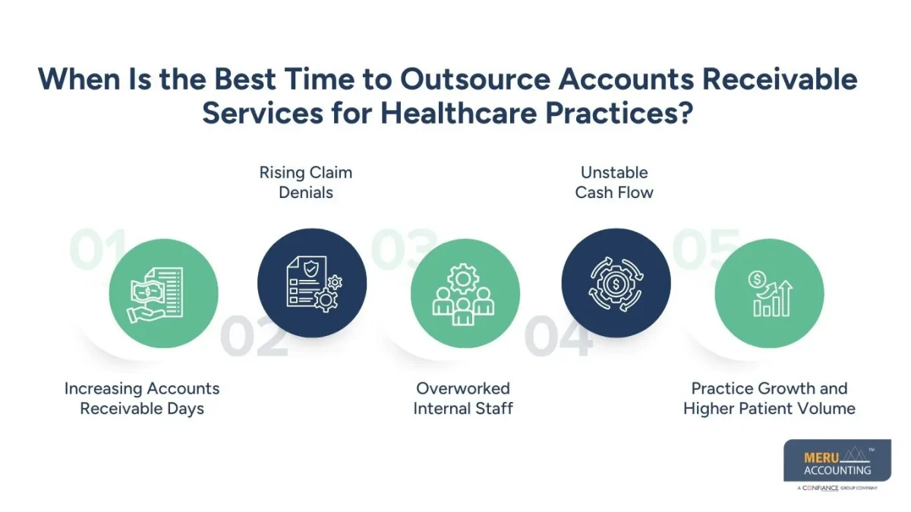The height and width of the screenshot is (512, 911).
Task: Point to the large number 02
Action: pyautogui.click(x=254, y=338)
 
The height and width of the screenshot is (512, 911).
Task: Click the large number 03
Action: pyautogui.click(x=402, y=250)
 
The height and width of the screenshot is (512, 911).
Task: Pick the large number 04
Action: pyautogui.click(x=558, y=338)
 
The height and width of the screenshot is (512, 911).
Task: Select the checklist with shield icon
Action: pyautogui.click(x=312, y=281)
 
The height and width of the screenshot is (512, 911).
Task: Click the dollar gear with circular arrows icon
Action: pyautogui.click(x=616, y=281)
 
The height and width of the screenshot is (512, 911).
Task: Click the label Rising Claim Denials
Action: pyautogui.click(x=306, y=182)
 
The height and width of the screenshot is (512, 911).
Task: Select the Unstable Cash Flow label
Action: pyautogui.click(x=614, y=182)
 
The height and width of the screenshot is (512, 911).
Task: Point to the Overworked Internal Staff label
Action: pyautogui.click(x=463, y=398)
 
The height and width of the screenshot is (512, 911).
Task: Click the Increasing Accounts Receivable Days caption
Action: pyautogui.click(x=142, y=398)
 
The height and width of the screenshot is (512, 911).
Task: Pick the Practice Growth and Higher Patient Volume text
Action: pyautogui.click(x=769, y=398)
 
